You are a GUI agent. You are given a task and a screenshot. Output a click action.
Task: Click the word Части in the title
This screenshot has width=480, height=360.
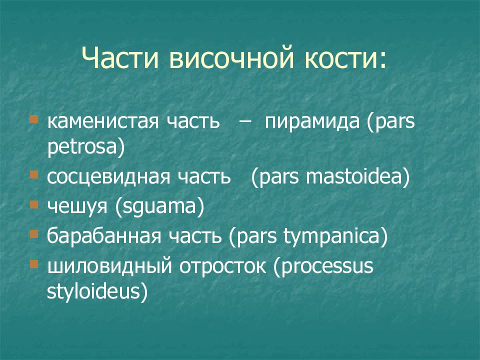(x=120, y=57)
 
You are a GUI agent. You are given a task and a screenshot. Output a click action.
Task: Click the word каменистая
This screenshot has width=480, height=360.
(x=103, y=121)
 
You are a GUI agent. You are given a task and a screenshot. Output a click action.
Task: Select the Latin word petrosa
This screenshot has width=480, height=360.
(x=82, y=147)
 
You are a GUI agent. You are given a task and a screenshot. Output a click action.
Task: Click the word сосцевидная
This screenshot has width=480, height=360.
(x=108, y=177)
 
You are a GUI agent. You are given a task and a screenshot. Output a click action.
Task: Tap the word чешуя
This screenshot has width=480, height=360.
(x=77, y=206)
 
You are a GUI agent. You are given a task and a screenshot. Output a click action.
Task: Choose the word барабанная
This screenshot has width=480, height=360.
(x=104, y=236)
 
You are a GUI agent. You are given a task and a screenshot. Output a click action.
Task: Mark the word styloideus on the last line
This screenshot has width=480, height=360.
(x=93, y=291)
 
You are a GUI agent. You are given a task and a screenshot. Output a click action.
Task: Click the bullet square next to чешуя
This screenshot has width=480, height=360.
(x=33, y=204)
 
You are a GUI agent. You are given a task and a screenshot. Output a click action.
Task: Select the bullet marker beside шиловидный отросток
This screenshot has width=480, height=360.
(x=33, y=264)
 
